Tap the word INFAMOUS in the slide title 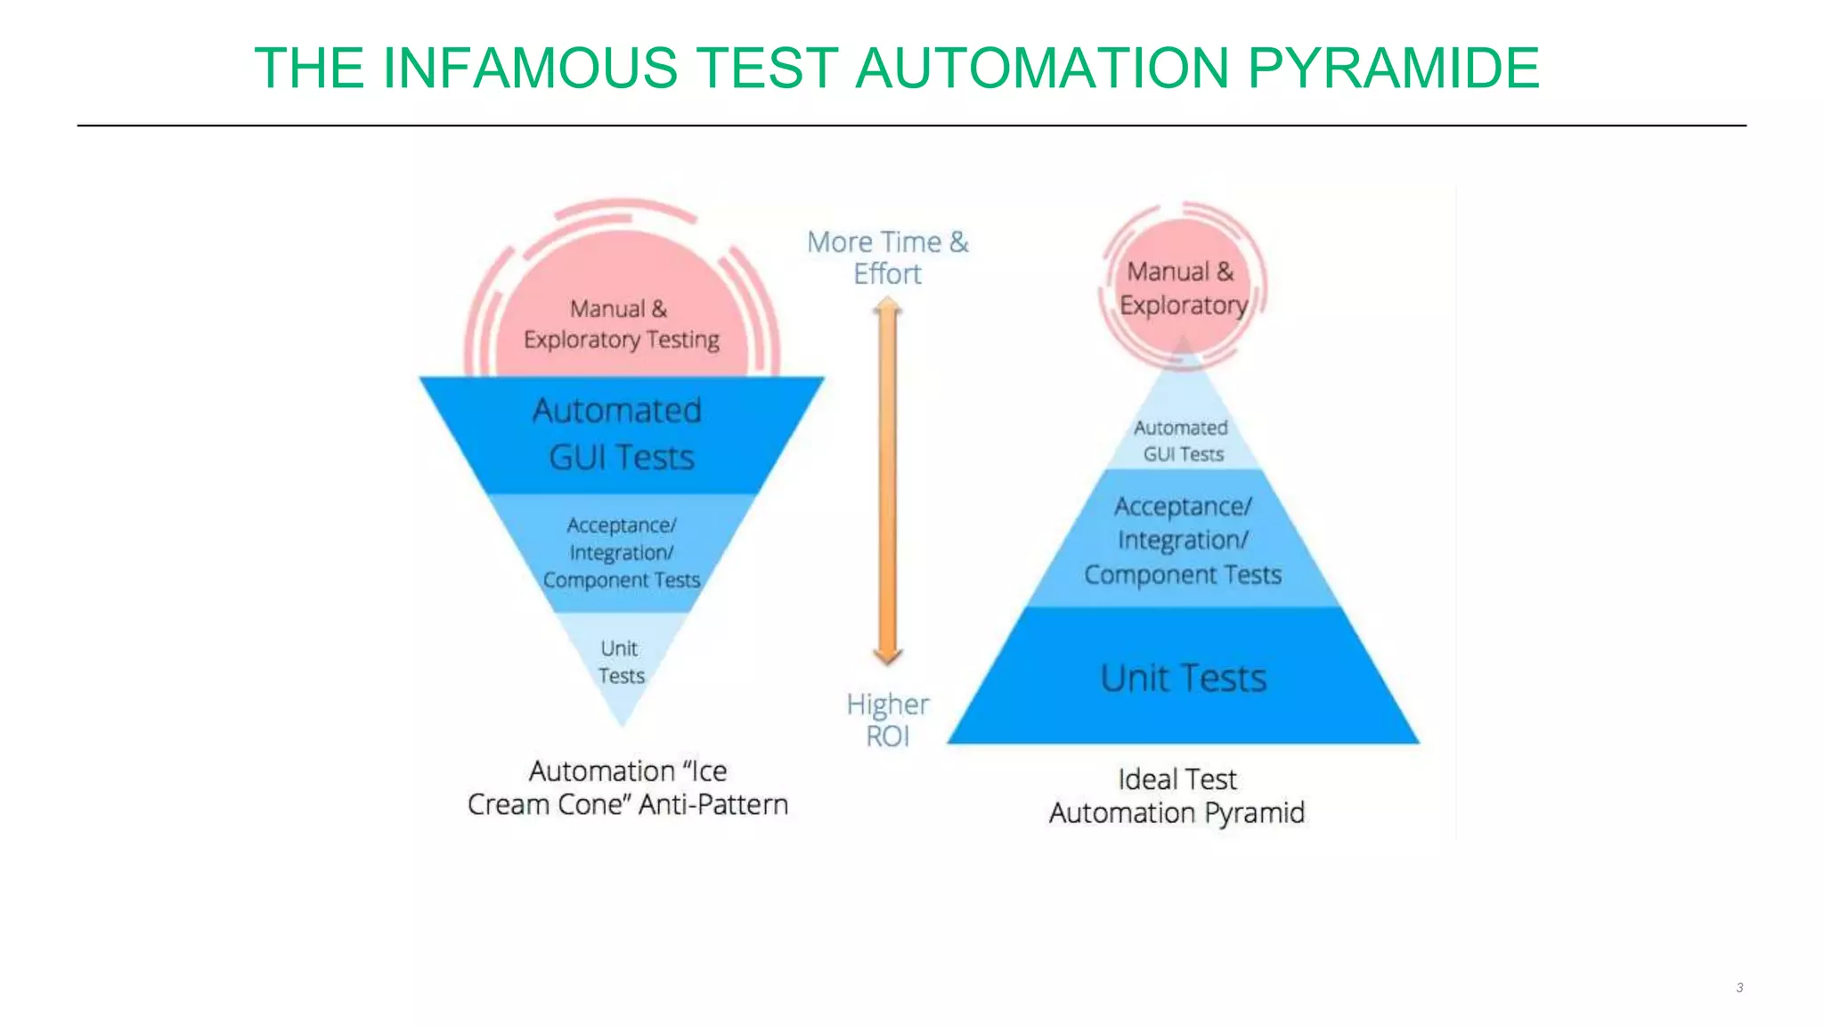(x=530, y=69)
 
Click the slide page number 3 (x=1739, y=988)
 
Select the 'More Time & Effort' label (x=887, y=257)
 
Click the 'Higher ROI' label (x=887, y=721)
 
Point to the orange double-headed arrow (x=887, y=481)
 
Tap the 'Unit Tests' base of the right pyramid (x=1183, y=679)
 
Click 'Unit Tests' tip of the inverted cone (x=621, y=663)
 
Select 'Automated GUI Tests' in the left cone (x=620, y=434)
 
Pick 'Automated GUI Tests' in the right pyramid (x=1182, y=441)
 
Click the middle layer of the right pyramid (x=1183, y=541)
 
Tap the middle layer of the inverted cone (x=621, y=552)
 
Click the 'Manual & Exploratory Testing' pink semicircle (x=621, y=323)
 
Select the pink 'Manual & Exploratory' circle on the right (x=1182, y=288)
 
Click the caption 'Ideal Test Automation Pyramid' (x=1177, y=796)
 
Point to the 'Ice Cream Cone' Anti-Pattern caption (x=628, y=787)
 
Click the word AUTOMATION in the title (x=1041, y=69)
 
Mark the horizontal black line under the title (x=911, y=126)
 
